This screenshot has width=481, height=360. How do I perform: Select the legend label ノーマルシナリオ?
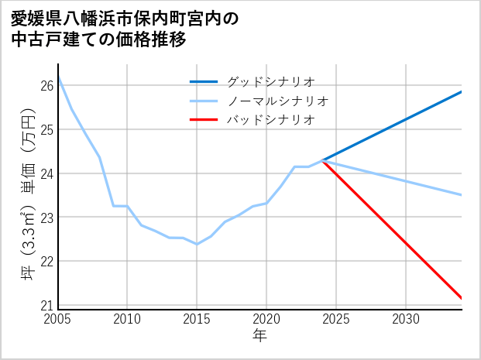pyautogui.click(x=278, y=101)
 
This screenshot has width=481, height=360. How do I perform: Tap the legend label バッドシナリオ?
pyautogui.click(x=270, y=120)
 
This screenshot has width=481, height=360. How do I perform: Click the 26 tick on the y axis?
pyautogui.click(x=47, y=85)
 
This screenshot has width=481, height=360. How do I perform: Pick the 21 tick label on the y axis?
pyautogui.click(x=47, y=305)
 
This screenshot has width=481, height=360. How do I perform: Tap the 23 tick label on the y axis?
pyautogui.click(x=47, y=218)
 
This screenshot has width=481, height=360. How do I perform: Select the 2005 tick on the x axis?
pyautogui.click(x=58, y=319)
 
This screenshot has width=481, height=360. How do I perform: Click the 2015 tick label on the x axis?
pyautogui.click(x=197, y=319)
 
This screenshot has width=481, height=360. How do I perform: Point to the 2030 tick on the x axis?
pyautogui.click(x=406, y=319)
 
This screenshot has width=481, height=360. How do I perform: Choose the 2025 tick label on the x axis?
pyautogui.click(x=336, y=319)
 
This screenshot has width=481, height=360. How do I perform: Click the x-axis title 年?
pyautogui.click(x=260, y=336)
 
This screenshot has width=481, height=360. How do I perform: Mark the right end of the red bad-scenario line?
pyautogui.click(x=462, y=298)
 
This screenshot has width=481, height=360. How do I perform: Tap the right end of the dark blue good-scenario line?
pyautogui.click(x=462, y=91)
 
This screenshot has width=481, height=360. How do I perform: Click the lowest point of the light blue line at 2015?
pyautogui.click(x=197, y=244)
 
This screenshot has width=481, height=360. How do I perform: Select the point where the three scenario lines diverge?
pyautogui.click(x=322, y=160)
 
